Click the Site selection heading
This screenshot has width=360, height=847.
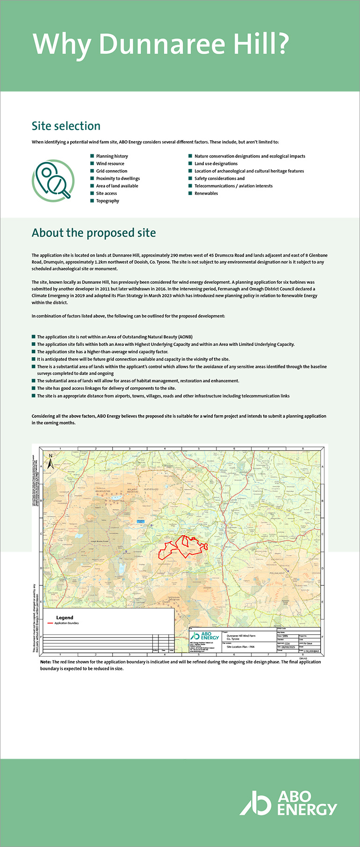pos(66,126)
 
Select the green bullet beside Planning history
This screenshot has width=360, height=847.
pos(92,156)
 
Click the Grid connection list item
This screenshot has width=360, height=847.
pos(111,171)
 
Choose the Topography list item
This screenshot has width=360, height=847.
pos(108,201)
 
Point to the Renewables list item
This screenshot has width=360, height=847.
pos(206,194)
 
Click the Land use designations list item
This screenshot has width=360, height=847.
pos(216,164)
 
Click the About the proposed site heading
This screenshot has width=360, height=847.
pos(94,233)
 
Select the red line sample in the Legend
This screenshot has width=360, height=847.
pos(50,623)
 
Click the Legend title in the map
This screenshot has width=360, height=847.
pos(65,617)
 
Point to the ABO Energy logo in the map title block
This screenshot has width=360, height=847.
pos(205,636)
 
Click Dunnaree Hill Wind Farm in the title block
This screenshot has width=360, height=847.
pos(241,636)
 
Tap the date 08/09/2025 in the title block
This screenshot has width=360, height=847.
pos(288,647)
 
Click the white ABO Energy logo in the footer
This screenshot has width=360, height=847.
pos(288,803)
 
